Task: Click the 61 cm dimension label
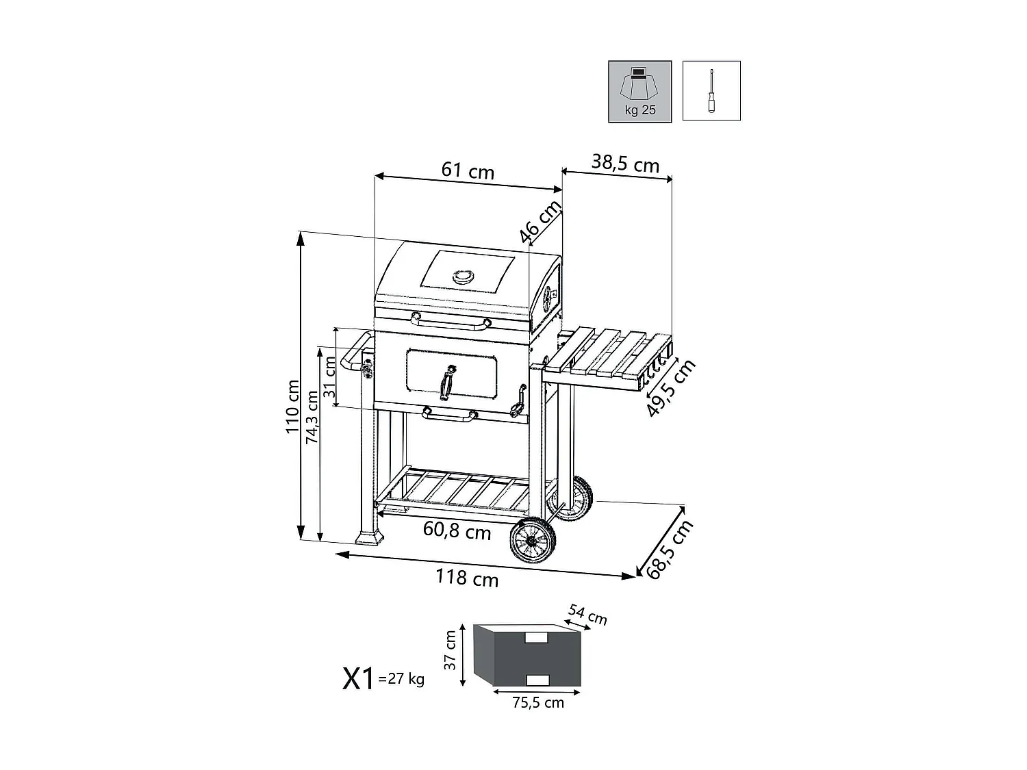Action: pos(468,170)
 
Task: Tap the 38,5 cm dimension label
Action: pos(625,164)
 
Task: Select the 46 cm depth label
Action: pos(540,222)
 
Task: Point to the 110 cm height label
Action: pos(292,407)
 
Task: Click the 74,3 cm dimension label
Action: pos(312,417)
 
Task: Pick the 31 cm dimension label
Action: pos(330,377)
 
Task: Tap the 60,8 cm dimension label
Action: pos(457,530)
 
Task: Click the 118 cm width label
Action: pos(467,578)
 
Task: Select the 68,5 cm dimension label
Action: pos(670,550)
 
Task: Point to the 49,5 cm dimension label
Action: pos(671,387)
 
